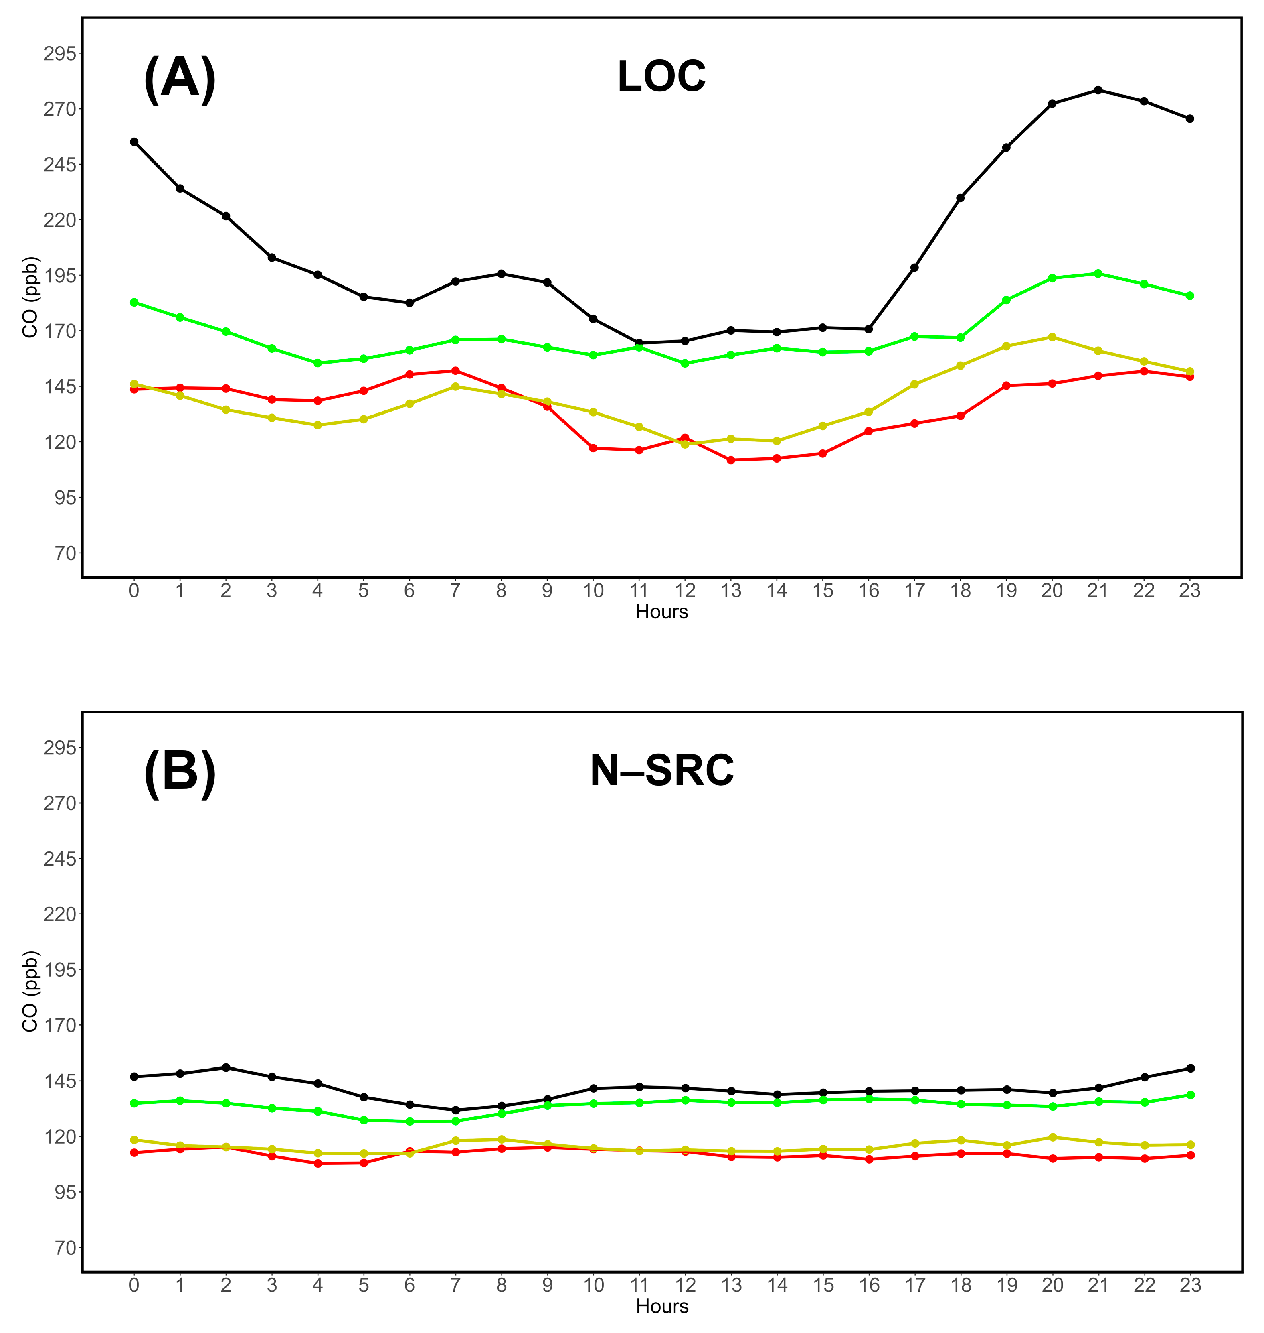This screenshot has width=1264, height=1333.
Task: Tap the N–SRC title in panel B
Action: click(661, 770)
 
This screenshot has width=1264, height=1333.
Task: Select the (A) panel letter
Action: click(180, 78)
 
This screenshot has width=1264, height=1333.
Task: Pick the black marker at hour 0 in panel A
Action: click(134, 142)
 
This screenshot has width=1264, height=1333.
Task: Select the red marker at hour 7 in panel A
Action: click(455, 370)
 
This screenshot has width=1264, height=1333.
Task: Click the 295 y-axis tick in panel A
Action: click(59, 53)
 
